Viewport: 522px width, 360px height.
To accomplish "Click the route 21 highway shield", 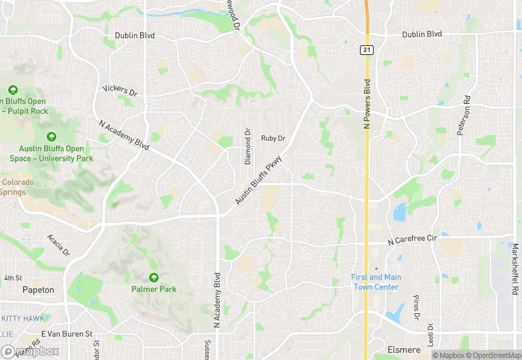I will pos(367,50).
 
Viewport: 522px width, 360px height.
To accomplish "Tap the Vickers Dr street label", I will pos(120,91).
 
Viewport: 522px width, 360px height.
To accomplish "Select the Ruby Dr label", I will pos(273,138).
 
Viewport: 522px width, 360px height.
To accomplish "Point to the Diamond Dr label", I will pos(248,146).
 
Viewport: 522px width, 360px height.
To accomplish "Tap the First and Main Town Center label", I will pos(376,282).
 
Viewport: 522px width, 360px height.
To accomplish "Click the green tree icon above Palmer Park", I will pos(154,277).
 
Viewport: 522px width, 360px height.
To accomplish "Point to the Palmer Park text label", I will pos(154,289).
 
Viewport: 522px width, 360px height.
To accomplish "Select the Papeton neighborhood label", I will pos(38,290).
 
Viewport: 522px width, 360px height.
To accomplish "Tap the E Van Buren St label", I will pos(67,334).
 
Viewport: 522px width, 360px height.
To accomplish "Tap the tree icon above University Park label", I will pos(52,137).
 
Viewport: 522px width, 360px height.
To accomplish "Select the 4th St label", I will pos(13,278).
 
